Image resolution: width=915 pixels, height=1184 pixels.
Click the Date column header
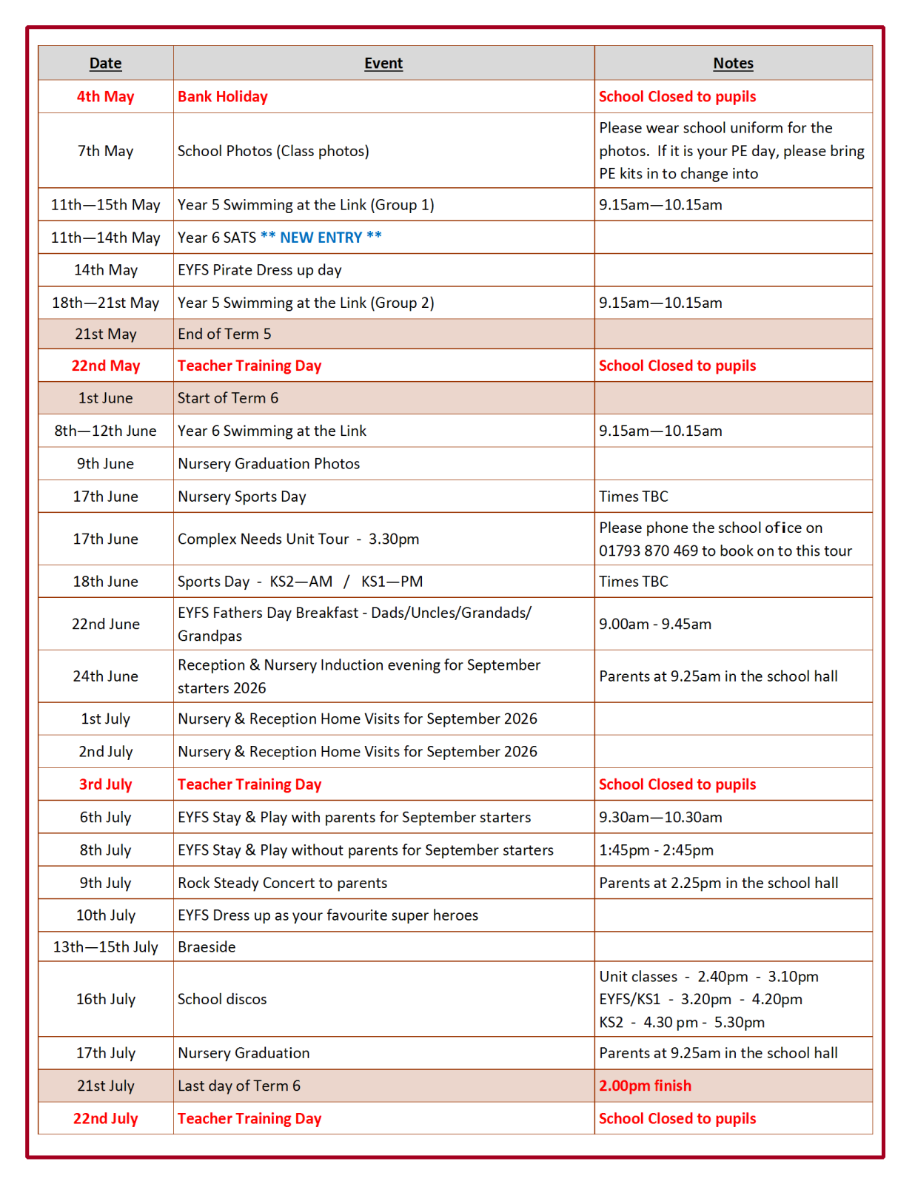(x=105, y=64)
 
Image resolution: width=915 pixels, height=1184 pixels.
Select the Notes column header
(x=733, y=64)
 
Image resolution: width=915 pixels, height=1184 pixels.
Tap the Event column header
(x=383, y=64)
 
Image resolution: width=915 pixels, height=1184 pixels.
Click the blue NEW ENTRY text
(x=321, y=238)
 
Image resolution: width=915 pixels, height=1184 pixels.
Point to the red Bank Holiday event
(x=222, y=97)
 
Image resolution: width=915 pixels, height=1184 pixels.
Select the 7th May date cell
(x=105, y=151)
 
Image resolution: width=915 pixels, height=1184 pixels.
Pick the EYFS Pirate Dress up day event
(x=259, y=270)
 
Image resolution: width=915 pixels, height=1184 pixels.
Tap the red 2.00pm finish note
(x=645, y=1086)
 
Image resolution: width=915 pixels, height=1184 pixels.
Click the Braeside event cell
(x=207, y=947)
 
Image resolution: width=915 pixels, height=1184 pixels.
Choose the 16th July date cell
(x=105, y=999)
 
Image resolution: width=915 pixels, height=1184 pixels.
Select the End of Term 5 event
(x=224, y=334)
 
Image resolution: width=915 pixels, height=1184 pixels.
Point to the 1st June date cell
(x=105, y=398)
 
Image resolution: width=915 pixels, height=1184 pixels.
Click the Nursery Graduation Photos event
(x=269, y=464)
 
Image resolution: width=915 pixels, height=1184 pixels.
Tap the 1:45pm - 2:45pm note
(x=656, y=850)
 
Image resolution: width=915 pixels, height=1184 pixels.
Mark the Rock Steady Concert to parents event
(x=282, y=883)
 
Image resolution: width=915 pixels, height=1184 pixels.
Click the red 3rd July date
(x=105, y=784)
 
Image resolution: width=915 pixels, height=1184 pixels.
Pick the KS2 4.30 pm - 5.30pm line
(x=681, y=1023)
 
